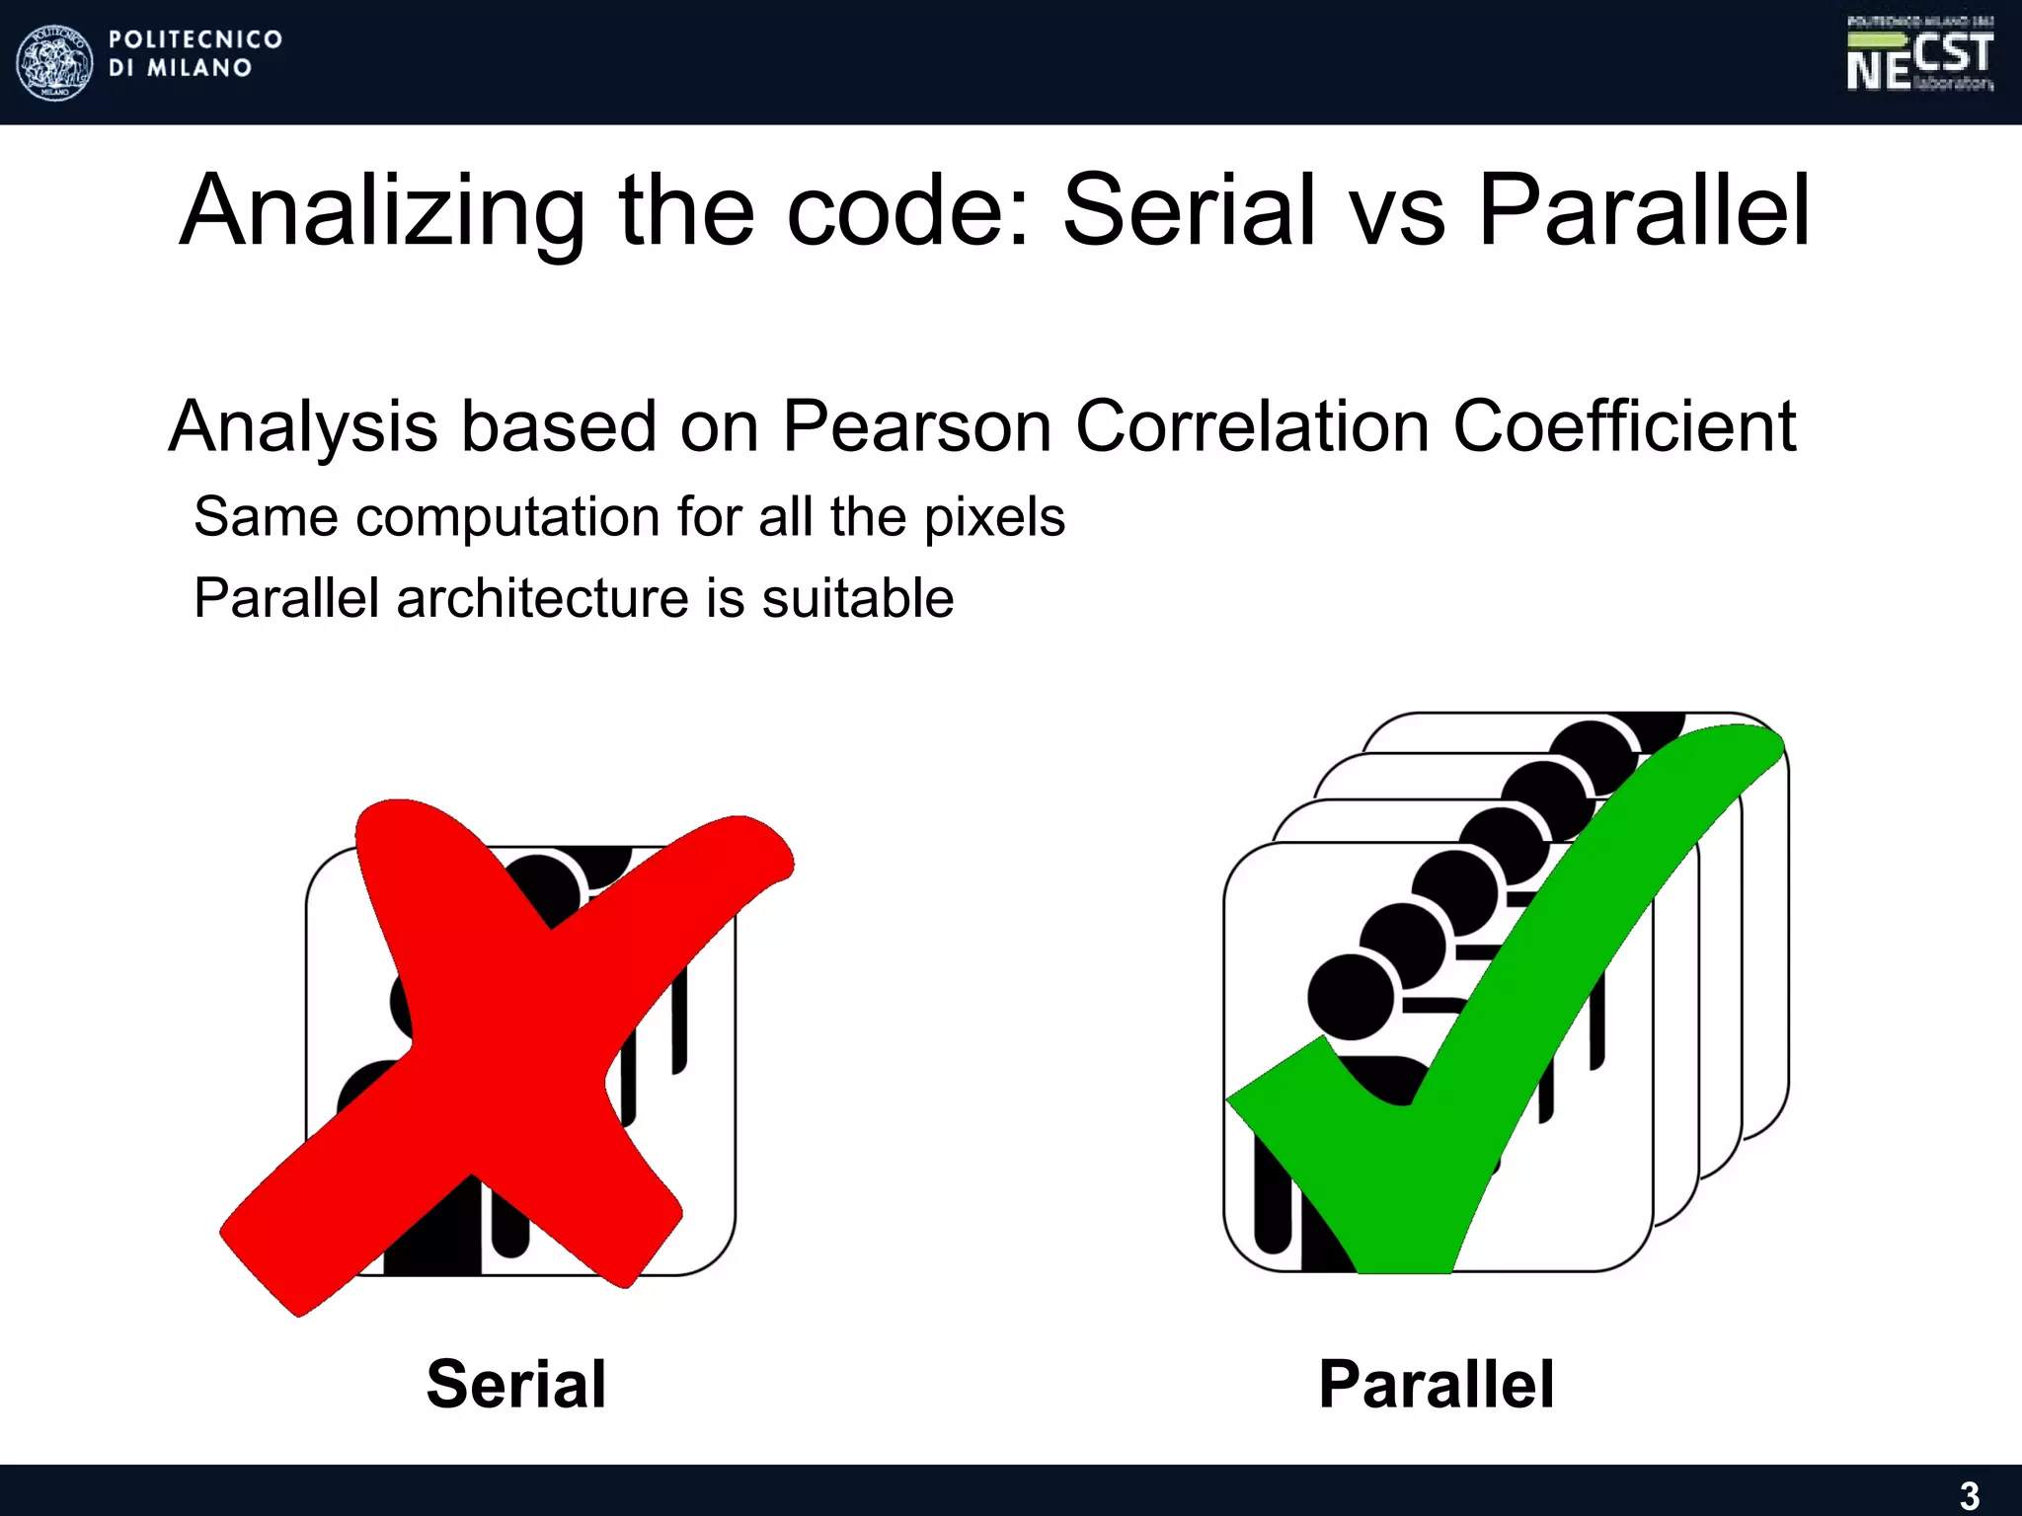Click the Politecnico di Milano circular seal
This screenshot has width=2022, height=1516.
click(55, 62)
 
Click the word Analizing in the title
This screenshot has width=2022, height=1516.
click(383, 210)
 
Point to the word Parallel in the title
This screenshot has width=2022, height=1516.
click(1644, 210)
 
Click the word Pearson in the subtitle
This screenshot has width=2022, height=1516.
click(916, 426)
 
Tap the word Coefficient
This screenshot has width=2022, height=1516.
click(1623, 426)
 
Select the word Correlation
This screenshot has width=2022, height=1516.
click(1252, 426)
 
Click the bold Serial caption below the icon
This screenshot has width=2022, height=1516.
click(516, 1384)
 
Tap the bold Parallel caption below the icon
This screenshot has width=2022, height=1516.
click(1437, 1384)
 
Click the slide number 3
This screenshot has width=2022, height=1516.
click(1969, 1495)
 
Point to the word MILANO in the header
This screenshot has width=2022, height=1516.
click(199, 68)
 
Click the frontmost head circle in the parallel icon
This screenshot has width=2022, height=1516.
click(1351, 997)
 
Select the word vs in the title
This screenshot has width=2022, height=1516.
click(1396, 210)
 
